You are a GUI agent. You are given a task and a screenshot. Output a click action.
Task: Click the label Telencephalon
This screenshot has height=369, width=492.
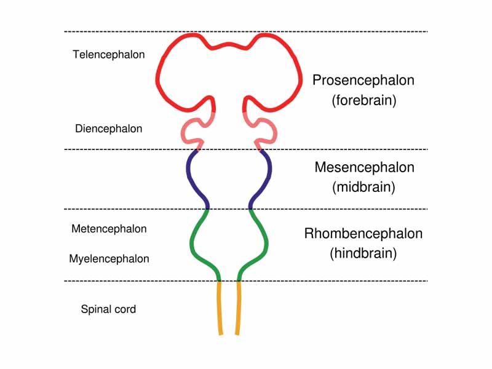[x=109, y=54]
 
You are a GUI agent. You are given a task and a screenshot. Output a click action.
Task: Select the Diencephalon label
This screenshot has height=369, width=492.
[x=109, y=129]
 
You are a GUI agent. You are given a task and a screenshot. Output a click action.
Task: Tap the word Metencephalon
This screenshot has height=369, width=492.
[x=109, y=229]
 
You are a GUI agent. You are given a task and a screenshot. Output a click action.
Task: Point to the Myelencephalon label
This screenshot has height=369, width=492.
[x=109, y=259]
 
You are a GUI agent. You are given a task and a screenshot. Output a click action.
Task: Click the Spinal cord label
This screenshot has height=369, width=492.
[x=108, y=309]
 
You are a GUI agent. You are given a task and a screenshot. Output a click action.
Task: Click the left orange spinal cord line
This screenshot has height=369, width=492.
[x=220, y=307]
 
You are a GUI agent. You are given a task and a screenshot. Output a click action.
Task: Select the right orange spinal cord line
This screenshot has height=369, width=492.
[x=237, y=307]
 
